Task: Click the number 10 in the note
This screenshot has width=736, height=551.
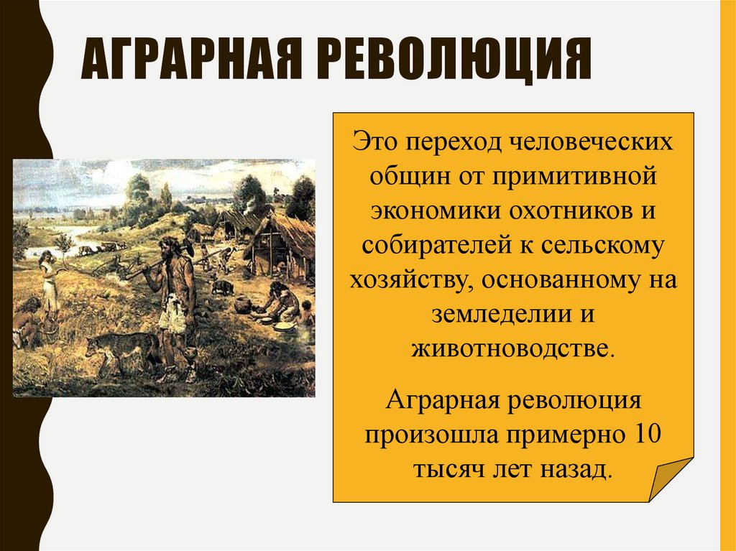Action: point(641,435)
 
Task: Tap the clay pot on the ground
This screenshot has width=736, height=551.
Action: point(242,304)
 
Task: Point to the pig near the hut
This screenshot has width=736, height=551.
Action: point(223,287)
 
